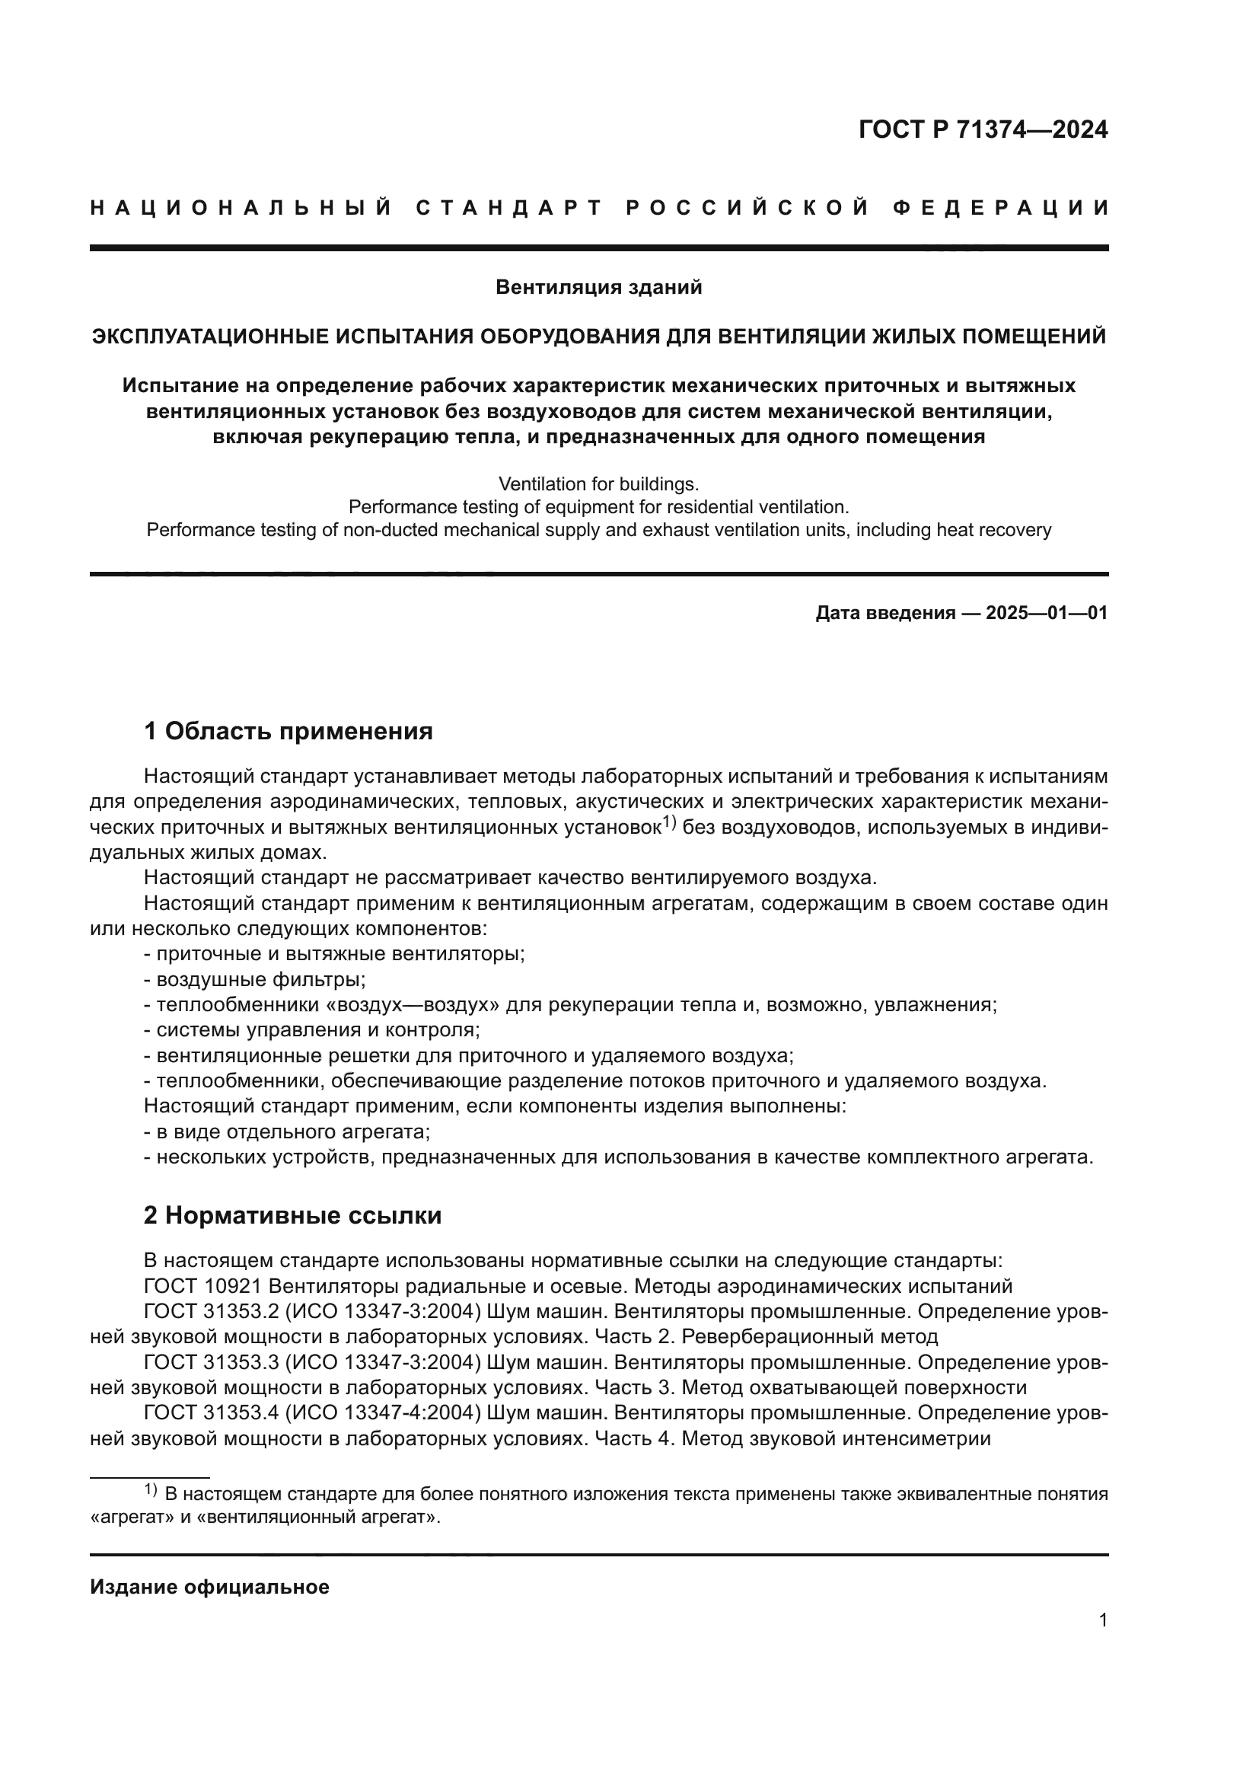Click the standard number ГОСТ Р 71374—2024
click(982, 129)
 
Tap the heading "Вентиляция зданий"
click(598, 288)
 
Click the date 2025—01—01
click(1047, 613)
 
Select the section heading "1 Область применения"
click(288, 731)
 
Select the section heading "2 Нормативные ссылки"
click(292, 1215)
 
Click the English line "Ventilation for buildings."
click(598, 484)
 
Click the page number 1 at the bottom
click(1102, 1620)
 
